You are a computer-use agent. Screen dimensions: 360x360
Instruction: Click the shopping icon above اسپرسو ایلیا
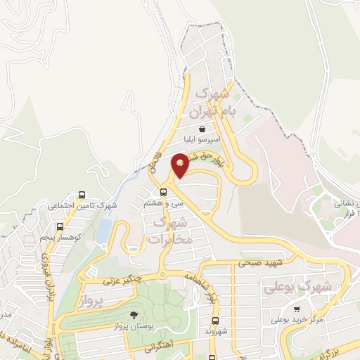coord(202,129)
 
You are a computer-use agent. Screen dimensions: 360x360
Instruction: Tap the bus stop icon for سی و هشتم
coord(163,191)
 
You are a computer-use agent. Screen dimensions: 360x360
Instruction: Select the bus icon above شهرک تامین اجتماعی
coord(82,195)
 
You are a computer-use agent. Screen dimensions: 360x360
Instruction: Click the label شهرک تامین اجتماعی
coord(82,206)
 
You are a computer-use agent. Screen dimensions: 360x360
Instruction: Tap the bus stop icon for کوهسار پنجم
coord(60,227)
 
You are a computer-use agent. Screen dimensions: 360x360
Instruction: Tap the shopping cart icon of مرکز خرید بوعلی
coord(297,309)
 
